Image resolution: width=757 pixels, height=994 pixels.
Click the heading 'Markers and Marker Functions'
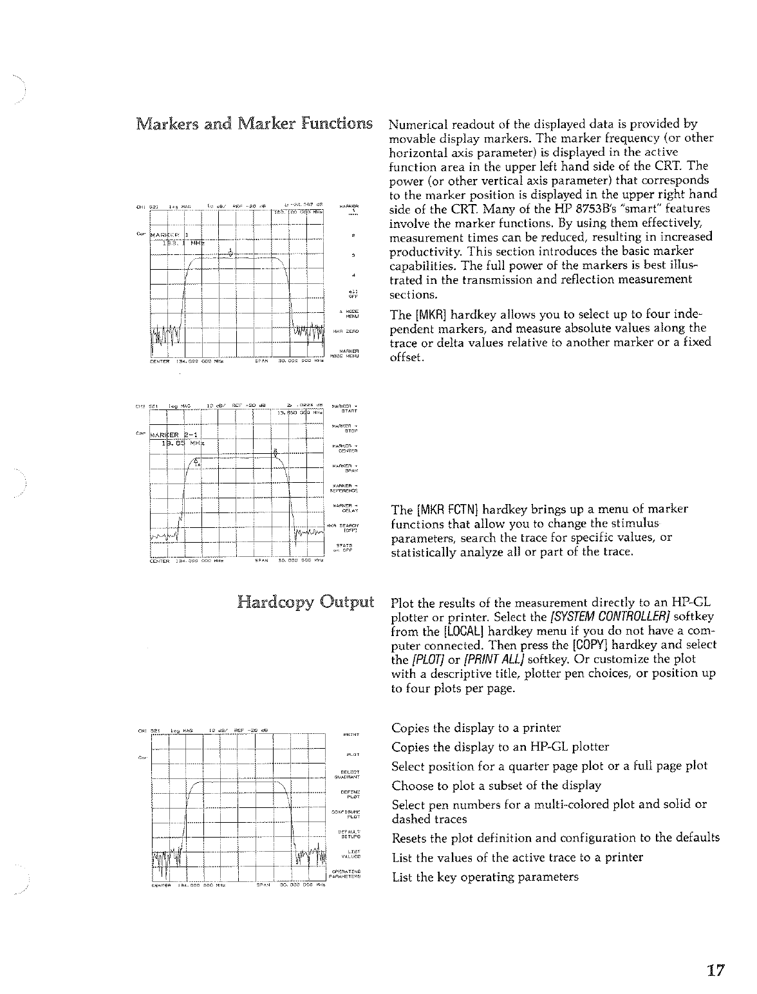click(254, 123)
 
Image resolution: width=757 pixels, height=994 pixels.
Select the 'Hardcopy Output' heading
click(305, 603)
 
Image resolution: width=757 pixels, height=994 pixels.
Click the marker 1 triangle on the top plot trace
click(230, 251)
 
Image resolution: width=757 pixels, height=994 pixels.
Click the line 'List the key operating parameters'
click(485, 877)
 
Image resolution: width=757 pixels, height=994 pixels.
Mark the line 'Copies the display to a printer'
click(476, 728)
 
